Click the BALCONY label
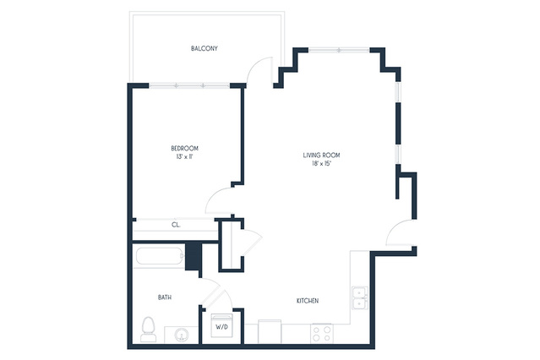(205, 48)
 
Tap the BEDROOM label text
(184, 149)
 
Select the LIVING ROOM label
(321, 155)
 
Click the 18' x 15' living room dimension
(321, 164)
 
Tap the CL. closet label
(176, 225)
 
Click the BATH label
(165, 297)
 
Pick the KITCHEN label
(308, 301)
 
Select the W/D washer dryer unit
(222, 325)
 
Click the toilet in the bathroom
(149, 330)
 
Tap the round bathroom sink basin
(181, 335)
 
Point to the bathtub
(160, 256)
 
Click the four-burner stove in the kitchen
(322, 334)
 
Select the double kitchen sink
(359, 297)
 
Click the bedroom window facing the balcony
(189, 85)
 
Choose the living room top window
(339, 51)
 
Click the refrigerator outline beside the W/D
(270, 331)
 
